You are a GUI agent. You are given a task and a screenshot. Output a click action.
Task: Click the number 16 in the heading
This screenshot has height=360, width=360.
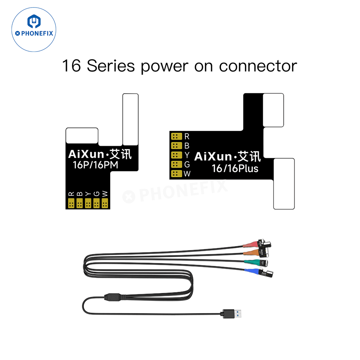point(71,66)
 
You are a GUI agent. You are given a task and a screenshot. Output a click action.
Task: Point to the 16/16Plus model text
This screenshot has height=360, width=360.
point(235,168)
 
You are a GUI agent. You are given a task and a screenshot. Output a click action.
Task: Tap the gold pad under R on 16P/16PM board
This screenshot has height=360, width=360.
point(71,204)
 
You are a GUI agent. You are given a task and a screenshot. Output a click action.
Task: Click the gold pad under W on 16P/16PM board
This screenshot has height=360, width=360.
point(105,204)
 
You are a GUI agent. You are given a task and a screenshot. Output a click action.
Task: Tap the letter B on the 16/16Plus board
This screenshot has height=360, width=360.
point(186,146)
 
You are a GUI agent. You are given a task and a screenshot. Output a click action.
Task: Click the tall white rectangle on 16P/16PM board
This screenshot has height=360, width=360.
point(130,119)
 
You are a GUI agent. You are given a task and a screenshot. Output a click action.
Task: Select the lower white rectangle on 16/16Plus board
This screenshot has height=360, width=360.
point(284,184)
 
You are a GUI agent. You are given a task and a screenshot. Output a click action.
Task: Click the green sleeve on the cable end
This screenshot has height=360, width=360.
point(251,262)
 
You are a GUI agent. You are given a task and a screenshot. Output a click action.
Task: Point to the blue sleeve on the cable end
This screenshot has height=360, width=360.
point(252,270)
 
